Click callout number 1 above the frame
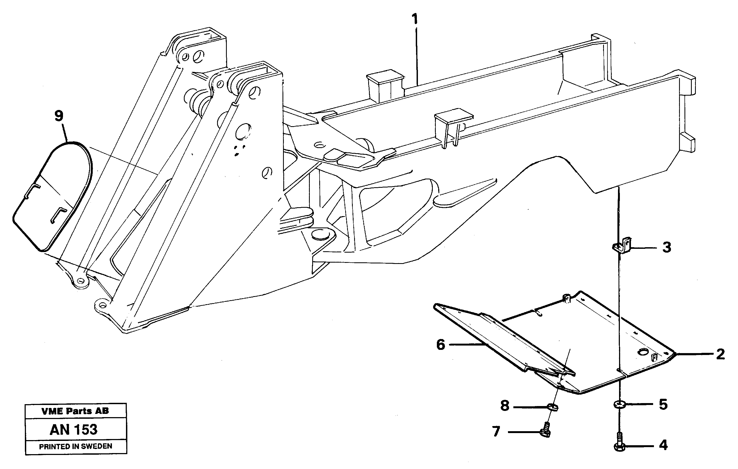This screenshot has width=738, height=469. tap(415, 19)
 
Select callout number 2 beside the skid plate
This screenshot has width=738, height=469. tap(720, 354)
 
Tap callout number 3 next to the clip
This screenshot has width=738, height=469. tap(667, 247)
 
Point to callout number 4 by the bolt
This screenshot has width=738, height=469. tap(663, 445)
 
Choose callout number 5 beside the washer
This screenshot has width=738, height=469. tap(663, 404)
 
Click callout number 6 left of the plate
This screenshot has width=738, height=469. tap(440, 345)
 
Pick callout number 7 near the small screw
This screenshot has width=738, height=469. tap(496, 431)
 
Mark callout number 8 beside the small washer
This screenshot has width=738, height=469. tap(504, 406)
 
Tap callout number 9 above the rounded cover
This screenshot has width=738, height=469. tap(59, 116)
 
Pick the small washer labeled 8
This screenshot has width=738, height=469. tap(553, 407)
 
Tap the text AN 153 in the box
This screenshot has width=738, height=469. tap(74, 430)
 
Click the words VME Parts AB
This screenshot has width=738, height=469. tap(75, 411)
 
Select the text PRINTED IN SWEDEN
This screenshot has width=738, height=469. tap(75, 446)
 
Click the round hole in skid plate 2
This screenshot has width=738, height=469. tap(643, 352)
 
